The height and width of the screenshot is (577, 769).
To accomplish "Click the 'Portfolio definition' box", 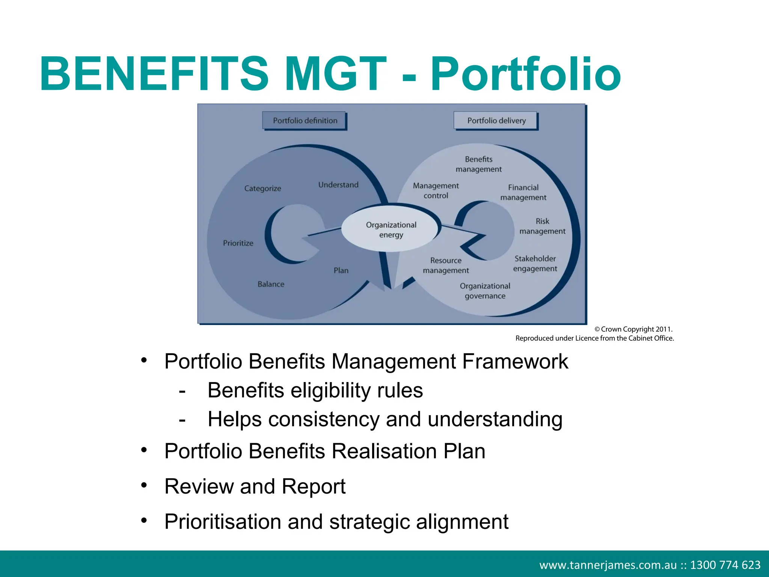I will click(305, 121).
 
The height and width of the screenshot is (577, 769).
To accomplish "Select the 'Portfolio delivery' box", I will click(496, 121).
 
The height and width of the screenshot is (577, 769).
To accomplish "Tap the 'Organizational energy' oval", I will click(391, 230).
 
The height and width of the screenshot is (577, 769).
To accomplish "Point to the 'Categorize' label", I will click(262, 188).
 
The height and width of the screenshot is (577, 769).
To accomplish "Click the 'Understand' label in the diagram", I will click(338, 184).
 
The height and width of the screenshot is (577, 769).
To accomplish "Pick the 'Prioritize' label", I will click(238, 243).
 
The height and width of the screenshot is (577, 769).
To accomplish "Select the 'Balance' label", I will click(271, 284).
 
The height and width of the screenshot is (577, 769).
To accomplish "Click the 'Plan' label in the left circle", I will click(341, 270).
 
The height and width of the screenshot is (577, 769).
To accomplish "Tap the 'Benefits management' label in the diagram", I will click(478, 164).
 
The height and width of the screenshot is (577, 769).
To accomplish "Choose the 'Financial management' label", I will click(523, 192).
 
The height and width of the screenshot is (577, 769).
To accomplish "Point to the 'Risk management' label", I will click(542, 226).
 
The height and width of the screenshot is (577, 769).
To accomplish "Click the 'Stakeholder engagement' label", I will click(535, 263).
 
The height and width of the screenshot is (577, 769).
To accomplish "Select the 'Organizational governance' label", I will click(485, 291).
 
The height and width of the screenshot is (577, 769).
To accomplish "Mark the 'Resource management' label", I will click(446, 265).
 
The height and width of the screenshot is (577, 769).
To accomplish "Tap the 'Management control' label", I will click(436, 190).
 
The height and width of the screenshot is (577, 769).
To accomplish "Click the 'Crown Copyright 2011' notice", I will click(633, 329).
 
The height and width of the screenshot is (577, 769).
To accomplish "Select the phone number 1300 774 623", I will click(725, 565).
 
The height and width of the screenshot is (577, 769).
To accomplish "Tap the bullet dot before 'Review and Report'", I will click(144, 485).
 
